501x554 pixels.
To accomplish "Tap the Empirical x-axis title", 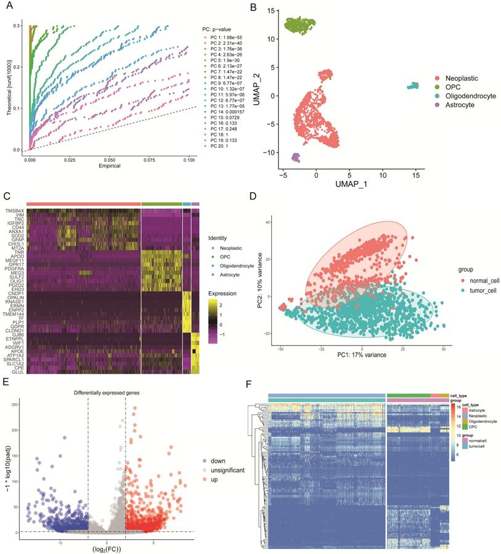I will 108,166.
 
